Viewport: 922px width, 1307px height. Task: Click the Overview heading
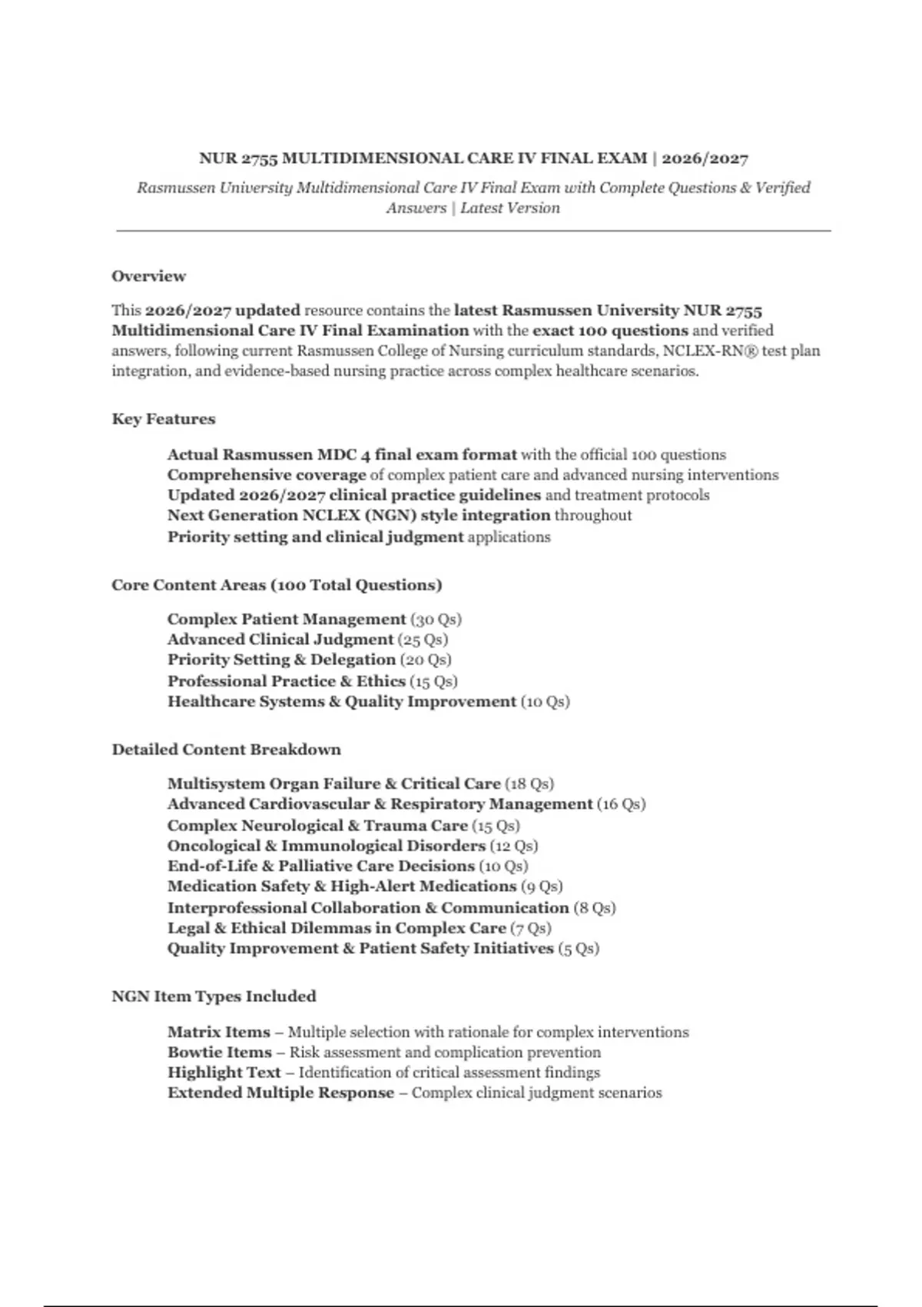148,276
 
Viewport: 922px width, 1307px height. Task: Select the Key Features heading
164,419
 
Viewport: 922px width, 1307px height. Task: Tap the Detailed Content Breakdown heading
226,750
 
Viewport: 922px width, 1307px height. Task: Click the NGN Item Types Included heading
214,996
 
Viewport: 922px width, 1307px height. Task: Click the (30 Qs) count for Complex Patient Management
436,620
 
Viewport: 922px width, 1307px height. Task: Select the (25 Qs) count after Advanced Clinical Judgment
423,640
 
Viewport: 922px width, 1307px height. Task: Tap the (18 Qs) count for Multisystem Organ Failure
529,784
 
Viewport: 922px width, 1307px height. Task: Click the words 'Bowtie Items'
220,1053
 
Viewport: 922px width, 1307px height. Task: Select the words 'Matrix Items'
219,1033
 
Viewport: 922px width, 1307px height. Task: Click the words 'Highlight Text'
224,1073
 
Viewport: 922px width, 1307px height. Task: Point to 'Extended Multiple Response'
280,1093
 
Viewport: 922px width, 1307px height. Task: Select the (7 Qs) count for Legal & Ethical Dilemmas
531,928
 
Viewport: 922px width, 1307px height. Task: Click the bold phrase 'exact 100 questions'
610,331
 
